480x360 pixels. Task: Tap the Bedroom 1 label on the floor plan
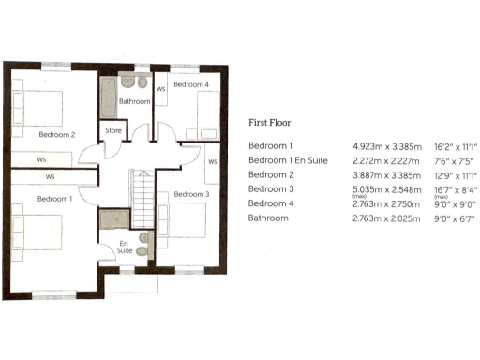(x=53, y=199)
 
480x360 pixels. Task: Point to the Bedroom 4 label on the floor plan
(x=191, y=84)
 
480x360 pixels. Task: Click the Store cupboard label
(x=112, y=130)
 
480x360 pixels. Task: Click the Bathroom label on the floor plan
(x=134, y=101)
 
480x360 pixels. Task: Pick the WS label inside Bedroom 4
(x=161, y=90)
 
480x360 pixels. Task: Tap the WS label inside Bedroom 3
(x=212, y=161)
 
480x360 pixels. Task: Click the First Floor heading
(x=271, y=123)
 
